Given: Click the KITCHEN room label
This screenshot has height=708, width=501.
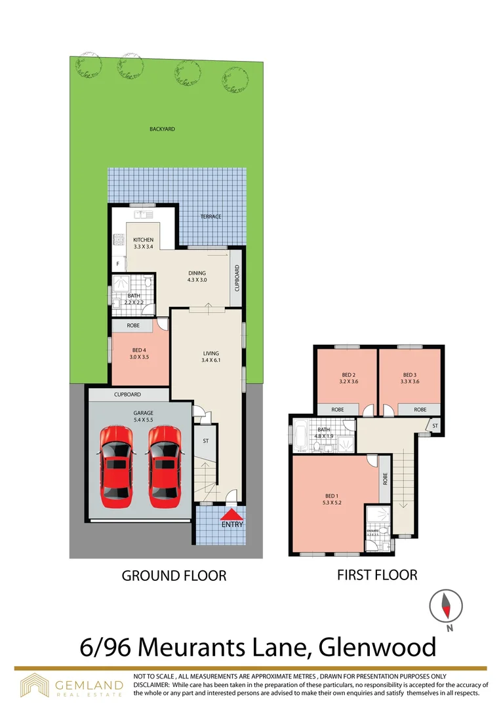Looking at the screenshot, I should (143, 243).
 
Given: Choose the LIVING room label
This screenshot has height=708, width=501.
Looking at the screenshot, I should (210, 357).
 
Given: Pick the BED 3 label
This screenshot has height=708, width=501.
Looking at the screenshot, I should (410, 377).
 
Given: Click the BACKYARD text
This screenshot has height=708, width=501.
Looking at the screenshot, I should (161, 130).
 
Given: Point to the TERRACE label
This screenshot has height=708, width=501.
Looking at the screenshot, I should (211, 216).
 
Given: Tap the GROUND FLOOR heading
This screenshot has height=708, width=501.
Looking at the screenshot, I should (174, 576).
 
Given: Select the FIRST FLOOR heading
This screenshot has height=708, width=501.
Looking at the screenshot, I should (377, 574).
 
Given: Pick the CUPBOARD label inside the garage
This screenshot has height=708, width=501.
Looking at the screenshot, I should (127, 395).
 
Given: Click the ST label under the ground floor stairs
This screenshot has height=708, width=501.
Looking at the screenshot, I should (205, 441).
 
